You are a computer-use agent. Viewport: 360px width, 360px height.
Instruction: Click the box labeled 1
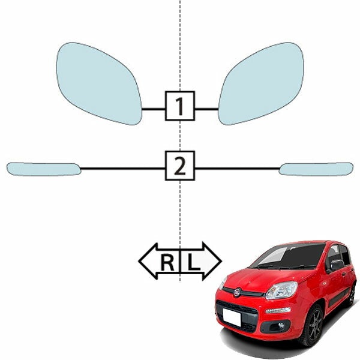coord(180,106)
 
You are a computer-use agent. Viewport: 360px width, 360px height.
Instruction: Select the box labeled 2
coord(180,166)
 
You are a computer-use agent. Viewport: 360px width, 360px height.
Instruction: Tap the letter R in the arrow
coord(167,263)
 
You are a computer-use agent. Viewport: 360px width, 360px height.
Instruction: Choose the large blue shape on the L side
coord(262,84)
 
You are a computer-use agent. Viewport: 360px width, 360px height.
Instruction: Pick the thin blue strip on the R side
coord(44,169)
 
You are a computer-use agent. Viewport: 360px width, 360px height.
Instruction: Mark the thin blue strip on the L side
coord(316,169)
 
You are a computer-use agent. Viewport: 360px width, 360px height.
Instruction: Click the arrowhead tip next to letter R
coord(139,261)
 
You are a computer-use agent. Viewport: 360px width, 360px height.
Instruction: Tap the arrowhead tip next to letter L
coord(221,261)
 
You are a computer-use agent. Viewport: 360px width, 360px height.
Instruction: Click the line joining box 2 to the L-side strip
coord(237,169)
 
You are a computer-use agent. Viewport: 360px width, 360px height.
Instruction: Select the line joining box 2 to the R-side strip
coord(123,169)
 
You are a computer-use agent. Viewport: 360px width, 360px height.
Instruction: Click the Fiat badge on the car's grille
coord(237,293)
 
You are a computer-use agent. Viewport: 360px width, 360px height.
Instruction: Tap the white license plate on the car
coord(232,317)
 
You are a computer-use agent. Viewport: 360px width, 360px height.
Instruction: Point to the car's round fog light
coord(281,325)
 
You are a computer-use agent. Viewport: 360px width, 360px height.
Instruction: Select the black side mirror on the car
coord(337,265)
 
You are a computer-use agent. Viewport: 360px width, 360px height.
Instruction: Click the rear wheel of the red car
coord(352,295)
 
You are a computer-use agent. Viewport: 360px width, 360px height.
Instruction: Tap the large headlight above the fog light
coord(282,290)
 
